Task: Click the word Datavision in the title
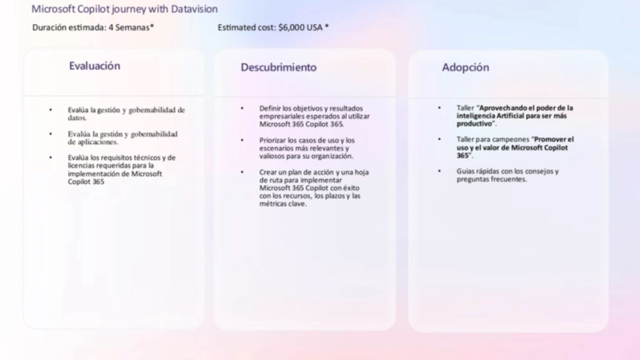194,9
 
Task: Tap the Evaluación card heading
94,66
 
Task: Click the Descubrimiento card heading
278,67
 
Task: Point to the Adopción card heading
465,67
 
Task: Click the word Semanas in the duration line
132,27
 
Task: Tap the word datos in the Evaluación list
77,117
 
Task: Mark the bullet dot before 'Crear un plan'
242,172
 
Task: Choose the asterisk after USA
327,26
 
